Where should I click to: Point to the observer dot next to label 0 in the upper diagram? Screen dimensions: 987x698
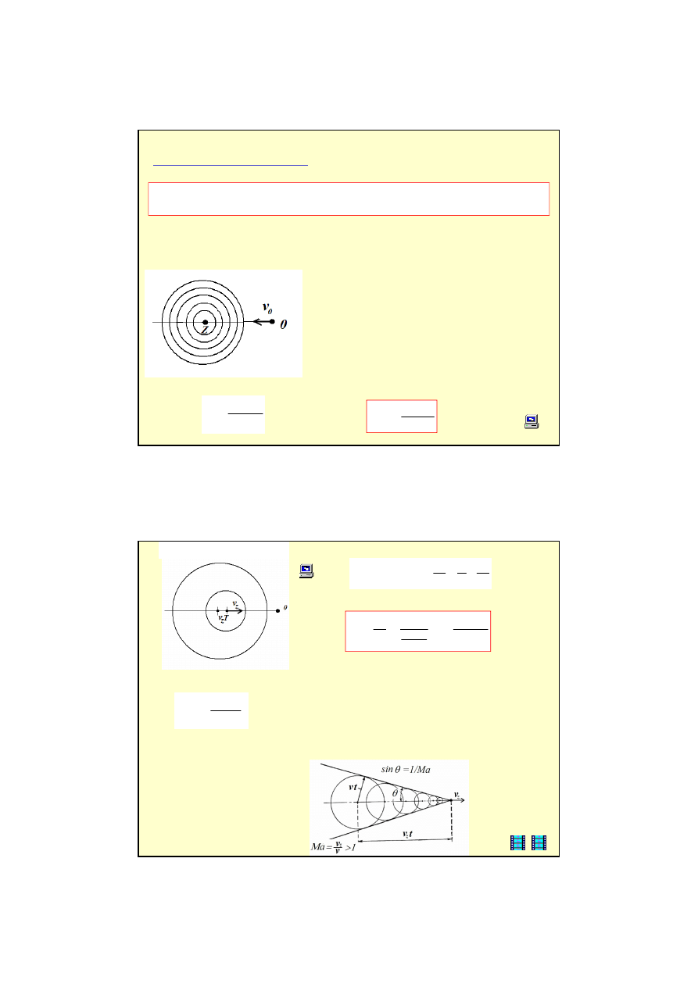pyautogui.click(x=272, y=322)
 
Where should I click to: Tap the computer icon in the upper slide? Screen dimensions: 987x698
pyautogui.click(x=531, y=422)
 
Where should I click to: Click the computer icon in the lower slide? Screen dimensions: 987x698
pyautogui.click(x=306, y=570)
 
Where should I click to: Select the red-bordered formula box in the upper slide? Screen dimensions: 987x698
pyautogui.click(x=401, y=416)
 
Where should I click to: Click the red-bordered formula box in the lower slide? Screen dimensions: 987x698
pyautogui.click(x=417, y=631)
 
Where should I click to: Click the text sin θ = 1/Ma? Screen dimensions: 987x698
pyautogui.click(x=406, y=770)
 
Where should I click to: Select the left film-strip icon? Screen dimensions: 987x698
pyautogui.click(x=517, y=842)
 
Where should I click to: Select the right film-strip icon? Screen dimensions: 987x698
pyautogui.click(x=539, y=842)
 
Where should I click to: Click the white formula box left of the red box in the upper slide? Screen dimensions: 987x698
pyautogui.click(x=233, y=414)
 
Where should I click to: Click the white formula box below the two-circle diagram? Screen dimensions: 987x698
pyautogui.click(x=211, y=710)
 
